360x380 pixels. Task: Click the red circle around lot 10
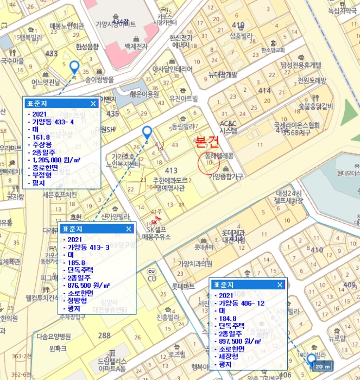pyautogui.click(x=209, y=162)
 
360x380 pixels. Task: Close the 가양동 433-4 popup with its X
pyautogui.click(x=93, y=103)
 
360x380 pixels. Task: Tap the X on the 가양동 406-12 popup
pyautogui.click(x=279, y=284)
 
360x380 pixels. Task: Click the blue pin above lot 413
pyautogui.click(x=147, y=132)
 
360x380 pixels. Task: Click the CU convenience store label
pyautogui.click(x=152, y=278)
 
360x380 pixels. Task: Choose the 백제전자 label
pyautogui.click(x=136, y=47)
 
